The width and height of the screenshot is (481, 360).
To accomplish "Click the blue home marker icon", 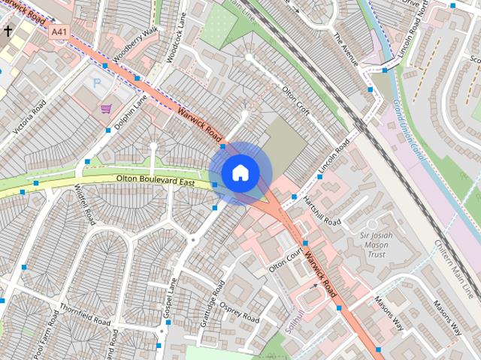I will tap(239, 172).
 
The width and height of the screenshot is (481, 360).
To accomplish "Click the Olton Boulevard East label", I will tap(156, 181).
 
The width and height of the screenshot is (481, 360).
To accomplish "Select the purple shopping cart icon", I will tap(106, 109).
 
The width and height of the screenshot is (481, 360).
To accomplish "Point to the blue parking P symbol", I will tap(95, 81).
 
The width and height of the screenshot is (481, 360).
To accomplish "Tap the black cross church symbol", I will tap(8, 31).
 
